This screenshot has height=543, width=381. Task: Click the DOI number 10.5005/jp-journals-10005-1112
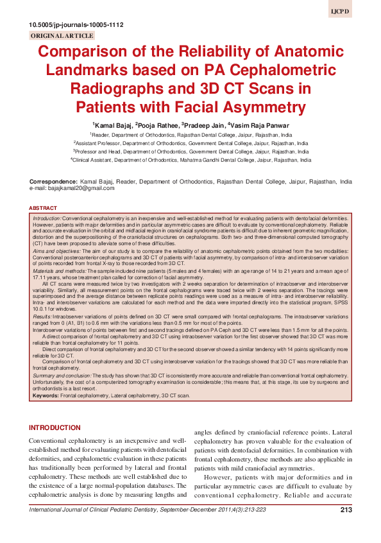point(76,25)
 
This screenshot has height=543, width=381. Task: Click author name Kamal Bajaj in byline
point(112,125)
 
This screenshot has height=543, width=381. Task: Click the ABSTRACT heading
point(44,209)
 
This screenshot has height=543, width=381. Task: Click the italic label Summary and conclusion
point(63,374)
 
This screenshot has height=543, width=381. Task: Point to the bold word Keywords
point(44,396)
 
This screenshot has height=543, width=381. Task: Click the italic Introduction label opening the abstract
point(47,220)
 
